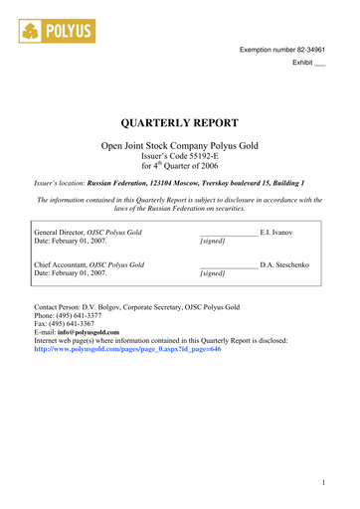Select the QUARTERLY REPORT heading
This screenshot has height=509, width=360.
179,124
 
